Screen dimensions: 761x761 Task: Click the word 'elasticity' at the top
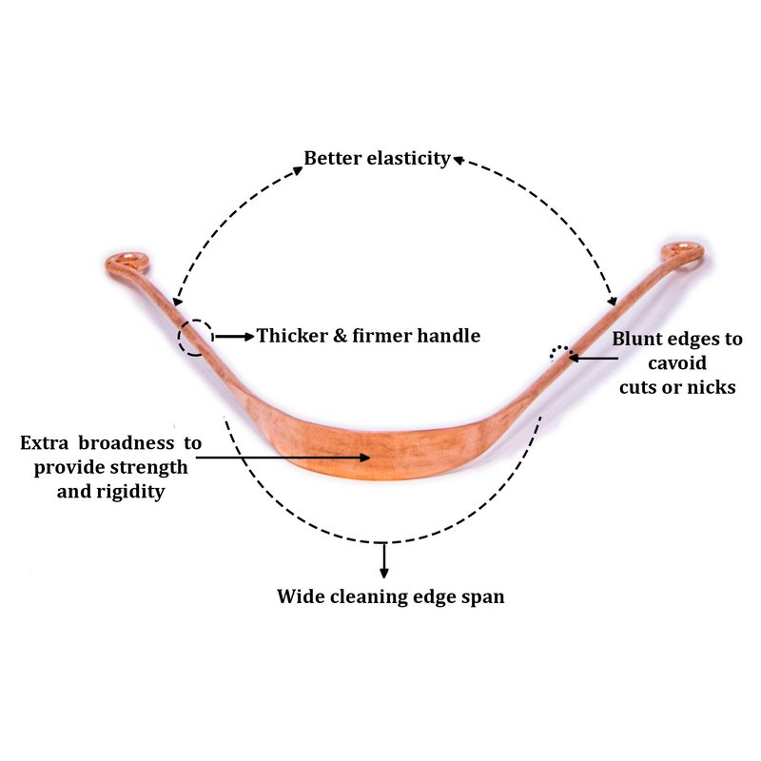[409, 159]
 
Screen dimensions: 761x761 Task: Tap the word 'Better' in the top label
[333, 158]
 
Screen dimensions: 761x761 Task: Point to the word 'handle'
[449, 336]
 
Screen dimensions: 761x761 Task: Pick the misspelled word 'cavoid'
[677, 363]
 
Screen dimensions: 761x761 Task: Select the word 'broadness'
[127, 442]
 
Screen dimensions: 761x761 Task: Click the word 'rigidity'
[130, 492]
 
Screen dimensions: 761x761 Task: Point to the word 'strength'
[150, 467]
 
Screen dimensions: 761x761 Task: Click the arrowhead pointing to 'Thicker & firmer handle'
[249, 337]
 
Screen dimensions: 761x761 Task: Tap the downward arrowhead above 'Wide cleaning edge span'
[384, 573]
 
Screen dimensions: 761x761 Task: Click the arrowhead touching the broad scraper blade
[364, 458]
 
